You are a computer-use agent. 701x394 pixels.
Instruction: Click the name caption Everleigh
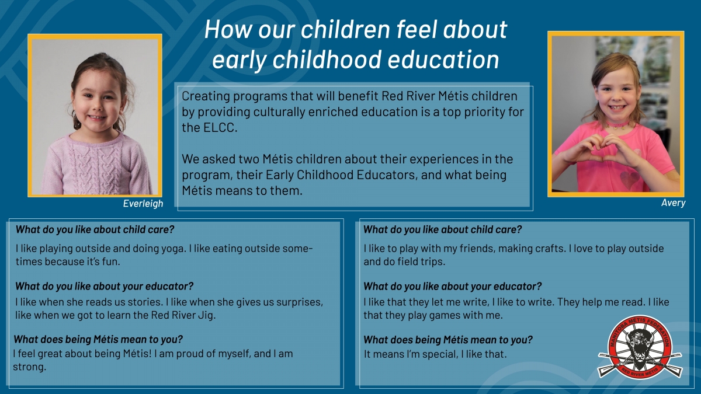[143, 204]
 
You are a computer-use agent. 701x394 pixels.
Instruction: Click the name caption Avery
[673, 203]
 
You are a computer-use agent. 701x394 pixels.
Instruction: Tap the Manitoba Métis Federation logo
[640, 347]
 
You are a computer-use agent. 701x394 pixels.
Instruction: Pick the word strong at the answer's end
[29, 367]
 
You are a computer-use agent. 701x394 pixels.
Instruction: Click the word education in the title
[443, 60]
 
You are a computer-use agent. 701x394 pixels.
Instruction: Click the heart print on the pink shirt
[630, 180]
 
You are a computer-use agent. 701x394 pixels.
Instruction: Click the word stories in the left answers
[144, 302]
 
